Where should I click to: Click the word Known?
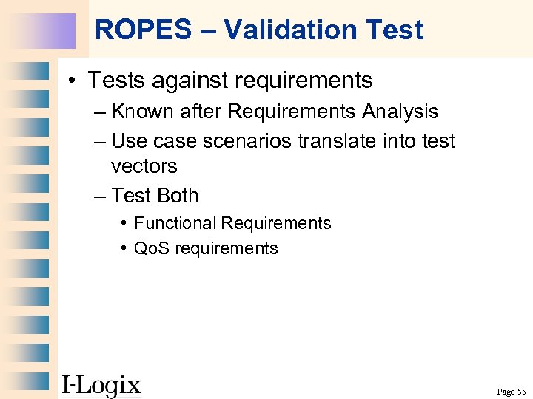144,112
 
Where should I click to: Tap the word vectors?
144,166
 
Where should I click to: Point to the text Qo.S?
151,248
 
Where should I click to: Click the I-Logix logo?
101,385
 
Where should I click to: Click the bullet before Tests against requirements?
74,80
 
